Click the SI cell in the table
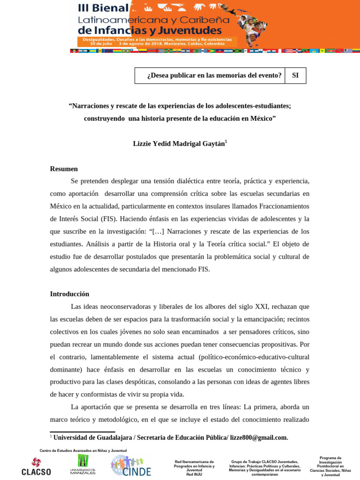click(295, 75)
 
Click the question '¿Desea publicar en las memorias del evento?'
click(214, 75)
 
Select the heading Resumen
click(64, 169)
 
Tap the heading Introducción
click(69, 294)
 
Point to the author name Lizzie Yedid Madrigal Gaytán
click(179, 144)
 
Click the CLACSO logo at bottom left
click(36, 466)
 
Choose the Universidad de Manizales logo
click(83, 464)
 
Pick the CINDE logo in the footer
click(131, 465)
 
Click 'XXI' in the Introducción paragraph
click(261, 307)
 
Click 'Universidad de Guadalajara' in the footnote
click(92, 437)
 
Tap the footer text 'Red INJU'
click(194, 474)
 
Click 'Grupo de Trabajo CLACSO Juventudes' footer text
click(265, 462)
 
